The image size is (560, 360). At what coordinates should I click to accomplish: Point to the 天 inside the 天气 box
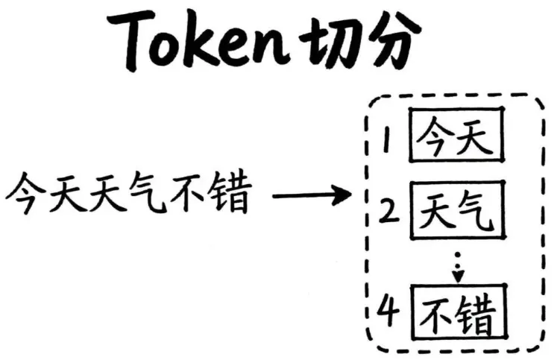[436, 212]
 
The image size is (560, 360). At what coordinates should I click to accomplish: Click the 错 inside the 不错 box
[477, 314]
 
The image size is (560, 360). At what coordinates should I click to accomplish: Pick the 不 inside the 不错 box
[437, 314]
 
